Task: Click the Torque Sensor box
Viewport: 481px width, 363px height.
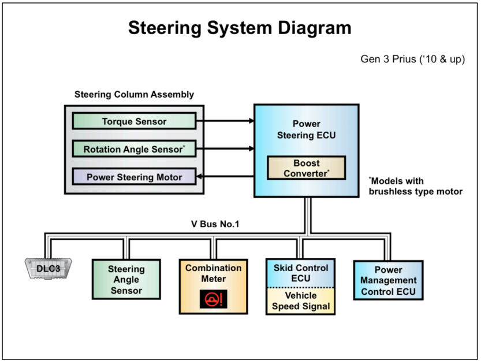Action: coord(134,121)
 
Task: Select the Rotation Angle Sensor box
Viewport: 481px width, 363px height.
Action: coord(134,149)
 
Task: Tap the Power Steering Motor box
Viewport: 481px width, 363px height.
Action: coord(134,177)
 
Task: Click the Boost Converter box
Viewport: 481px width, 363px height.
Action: coord(306,168)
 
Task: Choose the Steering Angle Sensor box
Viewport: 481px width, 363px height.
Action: coord(126,279)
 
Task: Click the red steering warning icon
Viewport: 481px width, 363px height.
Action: coord(214,299)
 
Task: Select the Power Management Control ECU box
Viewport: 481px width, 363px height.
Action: coord(388,280)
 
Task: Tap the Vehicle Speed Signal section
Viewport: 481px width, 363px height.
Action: coord(300,301)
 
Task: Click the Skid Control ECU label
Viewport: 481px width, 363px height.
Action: coord(300,273)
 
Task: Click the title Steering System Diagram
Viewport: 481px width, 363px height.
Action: coord(240,28)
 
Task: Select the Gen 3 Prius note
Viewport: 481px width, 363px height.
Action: coord(412,60)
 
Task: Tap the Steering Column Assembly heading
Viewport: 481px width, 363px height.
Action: coord(134,94)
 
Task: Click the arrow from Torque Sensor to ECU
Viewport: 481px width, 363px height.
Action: coord(225,121)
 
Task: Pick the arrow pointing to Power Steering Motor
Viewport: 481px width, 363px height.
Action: coord(225,177)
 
